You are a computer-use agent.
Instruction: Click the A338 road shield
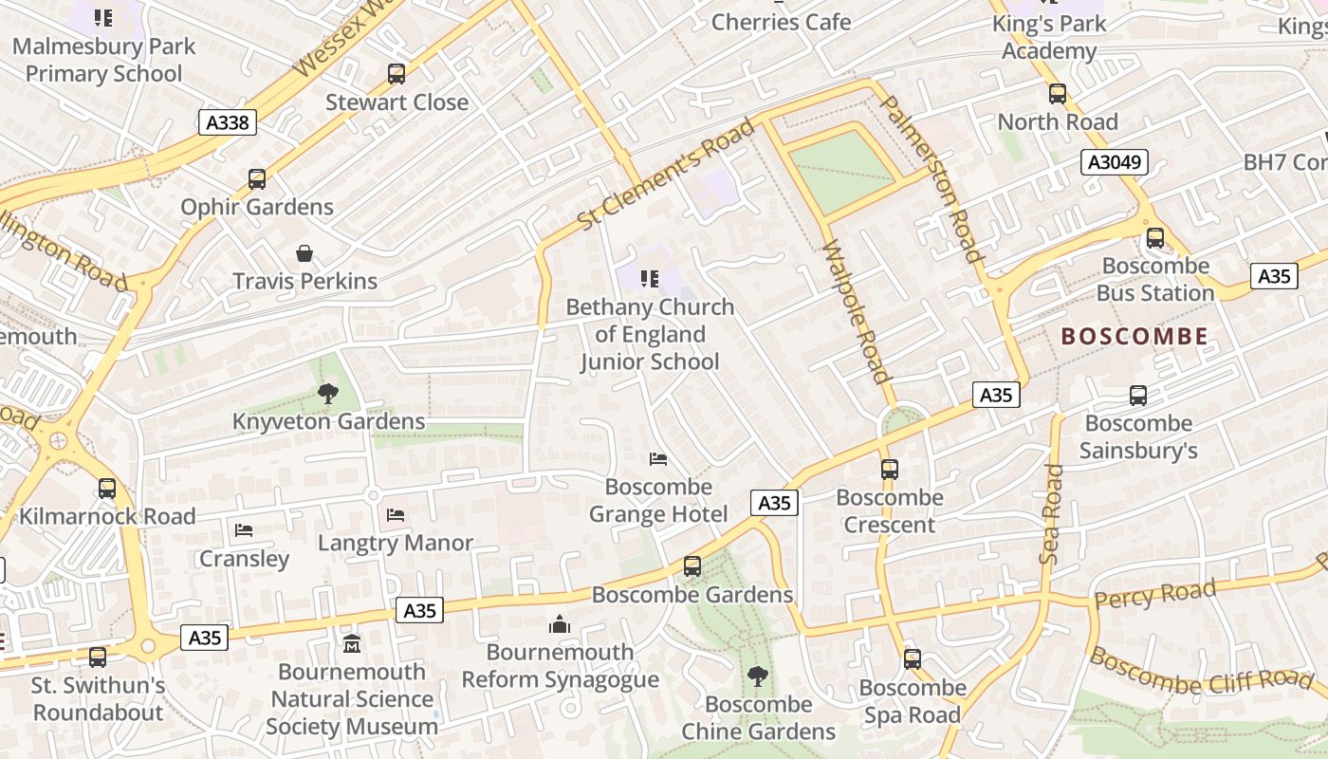[228, 121]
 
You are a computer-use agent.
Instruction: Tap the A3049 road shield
[1115, 162]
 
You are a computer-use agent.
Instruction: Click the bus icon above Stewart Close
[397, 73]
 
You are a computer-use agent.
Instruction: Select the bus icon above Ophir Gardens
[257, 178]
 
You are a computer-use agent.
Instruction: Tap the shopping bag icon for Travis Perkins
[304, 253]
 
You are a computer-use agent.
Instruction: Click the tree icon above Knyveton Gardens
[328, 393]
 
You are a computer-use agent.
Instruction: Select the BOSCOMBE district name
[1134, 336]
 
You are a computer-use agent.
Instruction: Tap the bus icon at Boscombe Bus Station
[1154, 238]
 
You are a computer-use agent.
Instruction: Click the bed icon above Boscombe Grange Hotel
[658, 459]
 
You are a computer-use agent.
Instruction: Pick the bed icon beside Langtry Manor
[396, 515]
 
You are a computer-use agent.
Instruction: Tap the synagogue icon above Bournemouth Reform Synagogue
[560, 624]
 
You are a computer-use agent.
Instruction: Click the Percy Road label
[1154, 596]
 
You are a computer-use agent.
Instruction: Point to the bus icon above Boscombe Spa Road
[912, 658]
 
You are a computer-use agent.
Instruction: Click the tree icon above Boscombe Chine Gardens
[758, 676]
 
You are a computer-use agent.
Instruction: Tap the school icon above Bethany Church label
[650, 279]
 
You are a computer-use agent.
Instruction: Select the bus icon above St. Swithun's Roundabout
[98, 657]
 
